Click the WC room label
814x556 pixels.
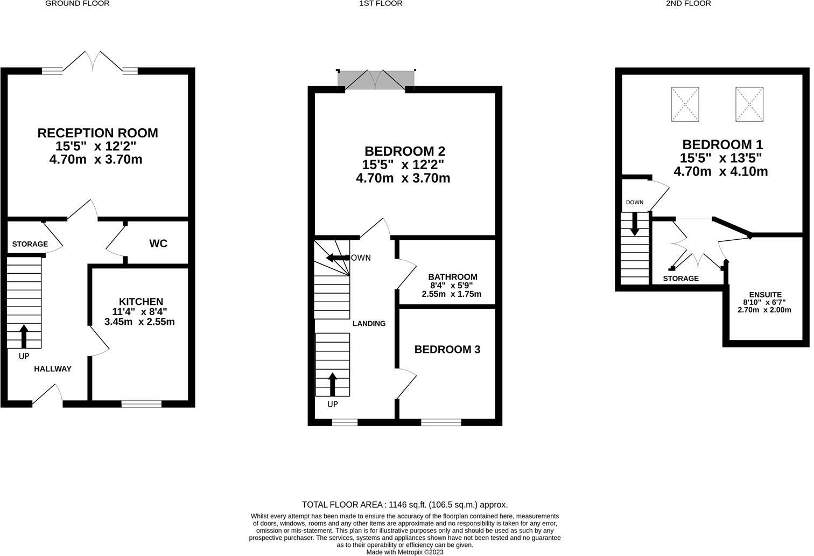[x=158, y=244]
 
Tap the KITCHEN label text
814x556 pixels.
[x=141, y=302]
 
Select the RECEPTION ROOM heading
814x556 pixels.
[x=97, y=133]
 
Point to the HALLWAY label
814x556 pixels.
[x=53, y=369]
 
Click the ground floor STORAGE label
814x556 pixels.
[x=30, y=244]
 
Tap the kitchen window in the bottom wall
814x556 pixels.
[x=141, y=404]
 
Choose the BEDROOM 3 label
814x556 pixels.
[x=447, y=350]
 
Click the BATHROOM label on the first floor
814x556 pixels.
[x=453, y=277]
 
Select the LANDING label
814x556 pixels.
[x=369, y=324]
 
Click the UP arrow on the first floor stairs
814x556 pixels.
[x=332, y=384]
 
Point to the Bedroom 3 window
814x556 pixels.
[x=441, y=422]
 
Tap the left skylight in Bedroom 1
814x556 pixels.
[x=685, y=104]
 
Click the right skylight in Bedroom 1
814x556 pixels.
[x=749, y=104]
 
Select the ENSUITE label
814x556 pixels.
[x=765, y=295]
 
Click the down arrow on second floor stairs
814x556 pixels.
[x=635, y=224]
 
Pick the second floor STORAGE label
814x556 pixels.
[x=680, y=279]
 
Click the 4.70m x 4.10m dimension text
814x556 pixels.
[x=720, y=172]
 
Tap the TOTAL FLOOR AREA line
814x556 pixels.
[x=404, y=505]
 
